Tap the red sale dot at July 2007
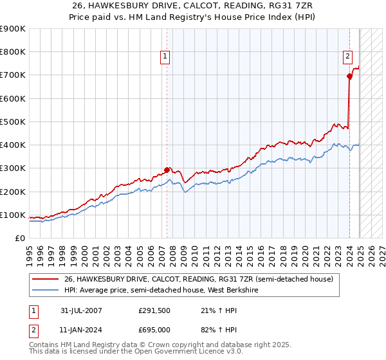(x=167, y=170)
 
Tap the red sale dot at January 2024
(x=349, y=76)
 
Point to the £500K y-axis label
(x=13, y=122)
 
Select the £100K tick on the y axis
(x=13, y=215)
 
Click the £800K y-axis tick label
(x=13, y=52)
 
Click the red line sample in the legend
(x=46, y=279)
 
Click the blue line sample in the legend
(x=46, y=290)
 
